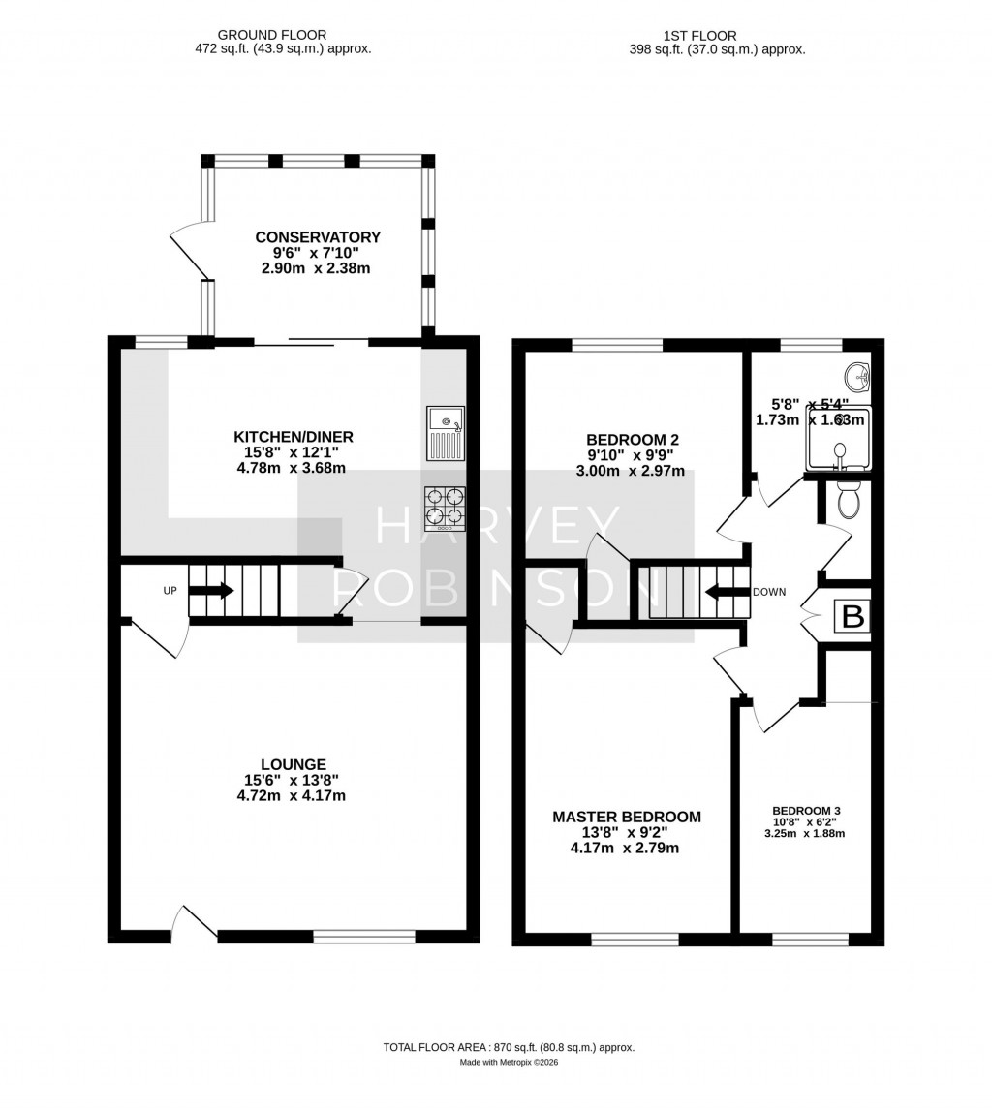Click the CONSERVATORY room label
pyautogui.click(x=318, y=237)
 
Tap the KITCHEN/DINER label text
pyautogui.click(x=293, y=437)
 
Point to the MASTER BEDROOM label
pyautogui.click(x=626, y=817)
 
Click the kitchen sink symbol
pyautogui.click(x=446, y=433)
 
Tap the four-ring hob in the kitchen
pyautogui.click(x=445, y=509)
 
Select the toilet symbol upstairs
pyautogui.click(x=848, y=499)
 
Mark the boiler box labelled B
pyautogui.click(x=852, y=617)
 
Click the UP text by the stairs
pyautogui.click(x=170, y=590)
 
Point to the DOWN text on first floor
pyautogui.click(x=769, y=592)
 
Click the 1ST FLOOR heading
pyautogui.click(x=686, y=35)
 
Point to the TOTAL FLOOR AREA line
pyautogui.click(x=509, y=1047)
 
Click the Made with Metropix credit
pyautogui.click(x=509, y=1062)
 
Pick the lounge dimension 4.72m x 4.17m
pyautogui.click(x=291, y=795)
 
